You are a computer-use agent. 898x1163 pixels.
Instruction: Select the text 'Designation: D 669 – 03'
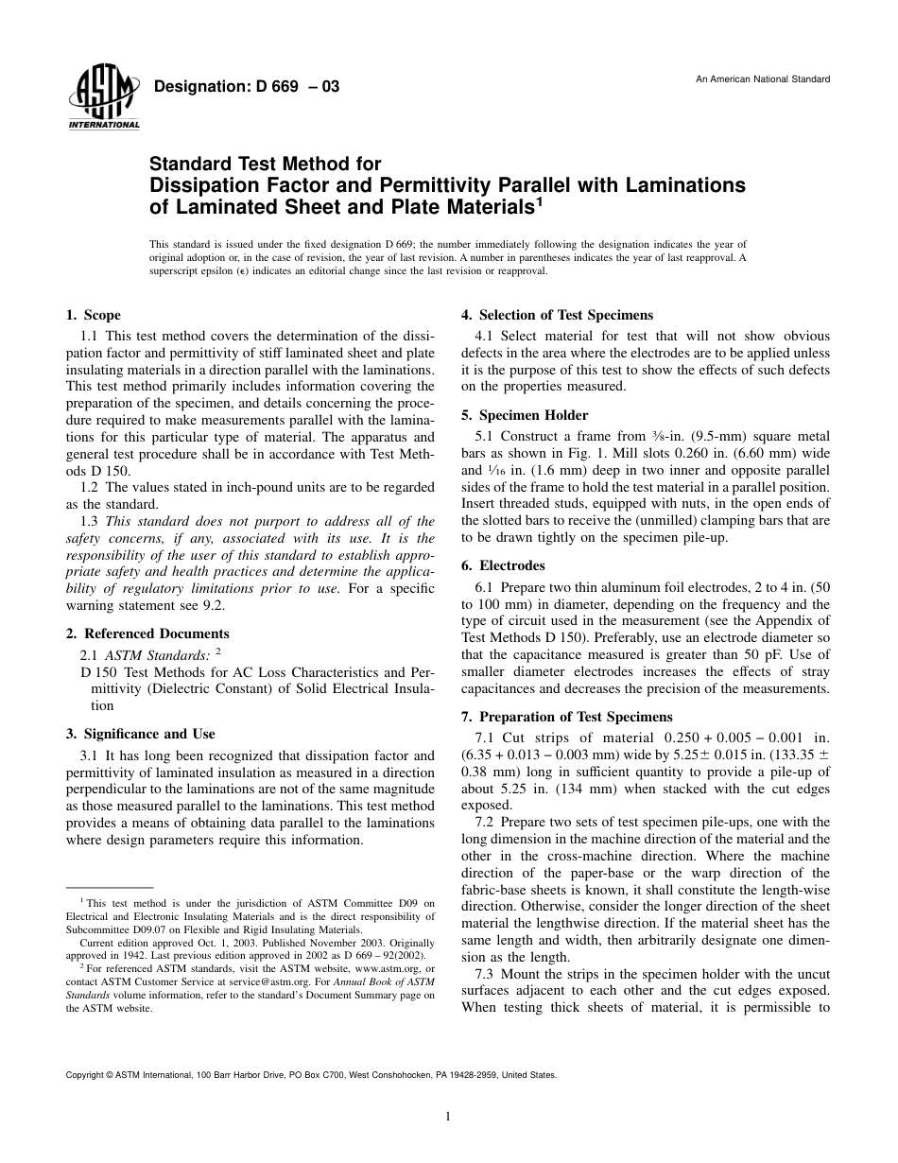pos(246,87)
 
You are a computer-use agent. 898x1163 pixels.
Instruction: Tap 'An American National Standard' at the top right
pos(763,78)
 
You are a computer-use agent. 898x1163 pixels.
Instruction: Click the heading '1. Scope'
pos(94,316)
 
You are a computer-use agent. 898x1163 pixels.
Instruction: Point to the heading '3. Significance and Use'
pos(140,734)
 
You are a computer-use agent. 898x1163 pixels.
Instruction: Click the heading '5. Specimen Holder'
pos(524,415)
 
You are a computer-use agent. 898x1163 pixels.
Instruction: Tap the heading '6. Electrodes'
pos(503,565)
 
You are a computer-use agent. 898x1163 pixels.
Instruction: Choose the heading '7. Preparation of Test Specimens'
pos(566,717)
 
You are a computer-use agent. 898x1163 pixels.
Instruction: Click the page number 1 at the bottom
pos(448,1117)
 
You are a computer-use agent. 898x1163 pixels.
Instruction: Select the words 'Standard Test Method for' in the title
pos(266,165)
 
